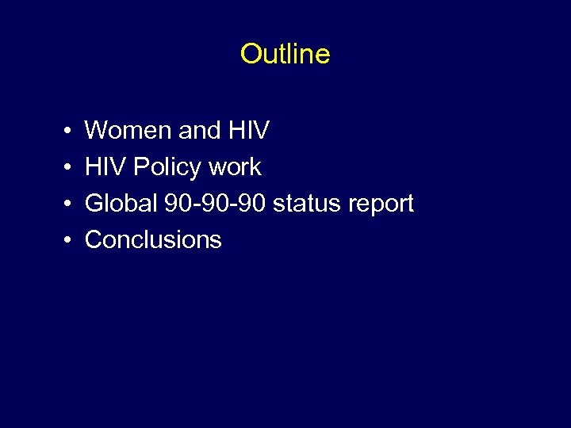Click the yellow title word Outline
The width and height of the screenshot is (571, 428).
click(285, 54)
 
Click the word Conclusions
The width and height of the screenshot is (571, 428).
click(153, 239)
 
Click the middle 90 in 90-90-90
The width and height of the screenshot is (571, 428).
click(214, 203)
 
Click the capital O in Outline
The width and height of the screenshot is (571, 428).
click(250, 54)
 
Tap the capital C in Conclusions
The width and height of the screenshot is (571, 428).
click(94, 239)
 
